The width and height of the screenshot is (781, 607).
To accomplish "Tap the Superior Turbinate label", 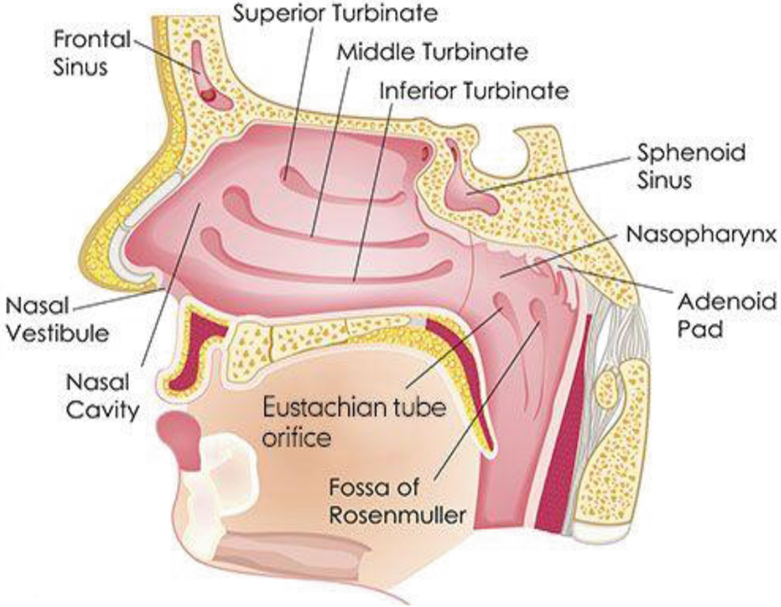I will click(x=336, y=14).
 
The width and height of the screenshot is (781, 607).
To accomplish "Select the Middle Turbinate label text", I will click(x=432, y=51).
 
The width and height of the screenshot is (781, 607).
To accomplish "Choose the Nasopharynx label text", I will click(x=702, y=234).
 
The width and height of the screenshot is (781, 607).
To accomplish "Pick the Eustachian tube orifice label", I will click(x=354, y=422).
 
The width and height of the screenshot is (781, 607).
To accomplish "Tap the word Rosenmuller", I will click(x=397, y=515).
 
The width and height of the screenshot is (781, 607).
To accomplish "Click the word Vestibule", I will click(x=56, y=333).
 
